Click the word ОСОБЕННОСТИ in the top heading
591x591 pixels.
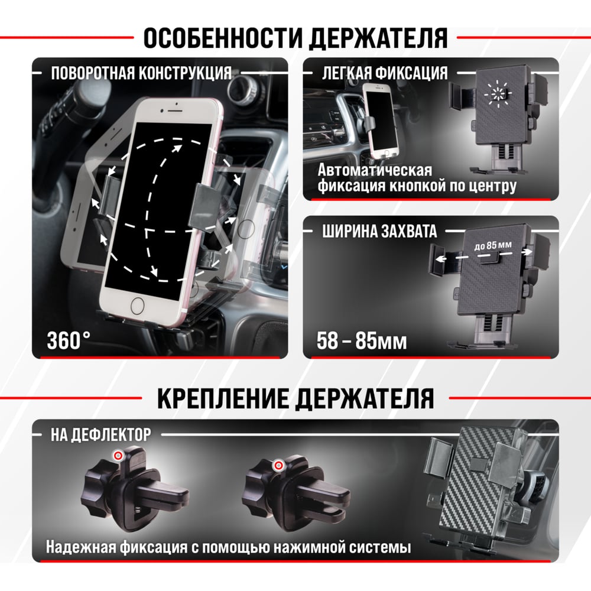pos(223,38)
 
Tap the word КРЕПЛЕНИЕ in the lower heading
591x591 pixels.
pos(223,398)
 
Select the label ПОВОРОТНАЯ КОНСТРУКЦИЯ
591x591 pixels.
pos(141,73)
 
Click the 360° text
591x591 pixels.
pos(69,340)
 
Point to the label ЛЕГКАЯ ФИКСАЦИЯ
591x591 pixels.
pos(385,73)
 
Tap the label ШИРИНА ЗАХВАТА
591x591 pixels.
pos(379,231)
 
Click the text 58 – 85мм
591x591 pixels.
pos(362,341)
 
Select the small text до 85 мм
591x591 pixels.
pos(493,246)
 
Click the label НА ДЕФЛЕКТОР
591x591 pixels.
pos(101,434)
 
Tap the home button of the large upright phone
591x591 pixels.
pos(137,306)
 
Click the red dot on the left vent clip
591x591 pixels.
pos(118,456)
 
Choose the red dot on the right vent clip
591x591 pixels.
pos(278,465)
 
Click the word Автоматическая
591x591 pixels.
pos(375,170)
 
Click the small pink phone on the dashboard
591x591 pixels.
pos(381,121)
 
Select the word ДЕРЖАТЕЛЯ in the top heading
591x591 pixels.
pos(378,38)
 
